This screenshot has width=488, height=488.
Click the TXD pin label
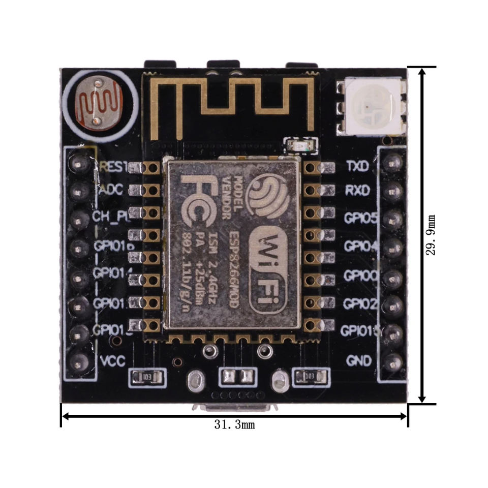(358, 166)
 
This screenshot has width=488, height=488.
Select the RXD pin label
(358, 191)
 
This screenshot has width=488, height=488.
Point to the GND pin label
(359, 361)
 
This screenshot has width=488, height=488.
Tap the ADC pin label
(111, 191)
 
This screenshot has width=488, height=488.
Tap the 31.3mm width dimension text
(234, 424)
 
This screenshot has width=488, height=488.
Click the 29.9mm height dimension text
(432, 235)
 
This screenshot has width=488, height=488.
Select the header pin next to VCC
(79, 362)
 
